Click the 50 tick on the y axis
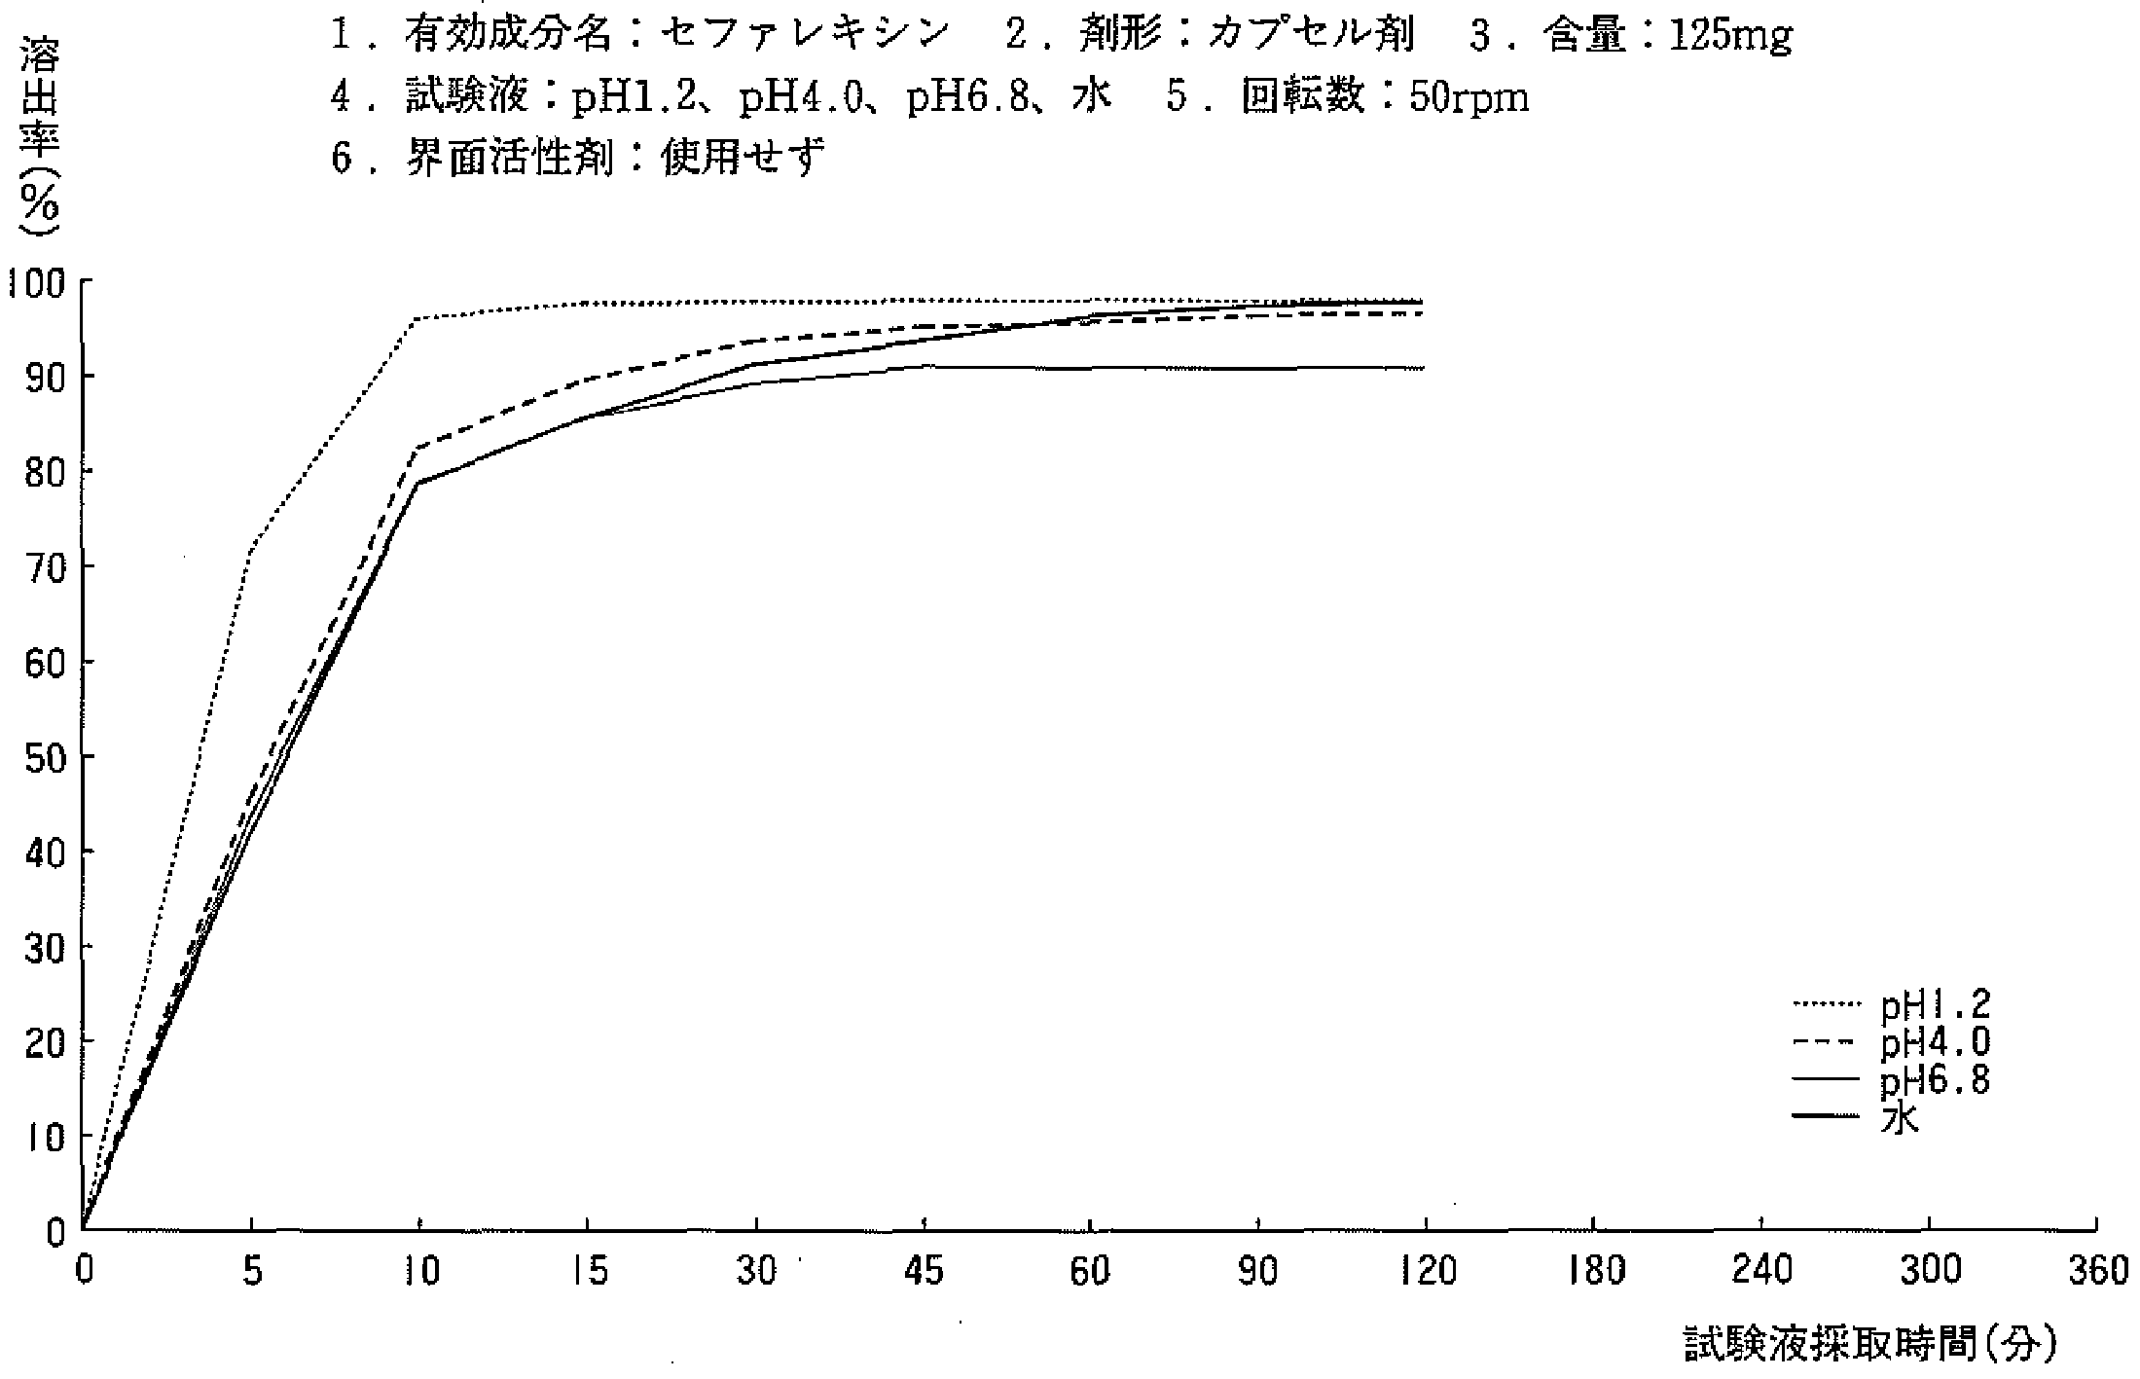[43, 757]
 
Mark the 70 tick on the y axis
[43, 567]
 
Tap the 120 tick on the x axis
[1426, 1273]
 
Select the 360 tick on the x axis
[2098, 1273]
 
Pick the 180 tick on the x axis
[1594, 1273]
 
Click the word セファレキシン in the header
[804, 36]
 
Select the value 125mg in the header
[1730, 36]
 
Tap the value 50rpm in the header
[1469, 97]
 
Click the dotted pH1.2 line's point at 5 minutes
[252, 551]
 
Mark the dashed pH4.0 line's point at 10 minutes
[419, 448]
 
